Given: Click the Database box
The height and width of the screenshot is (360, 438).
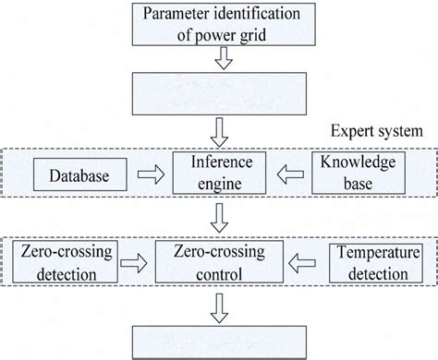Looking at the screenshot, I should (x=72, y=172).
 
